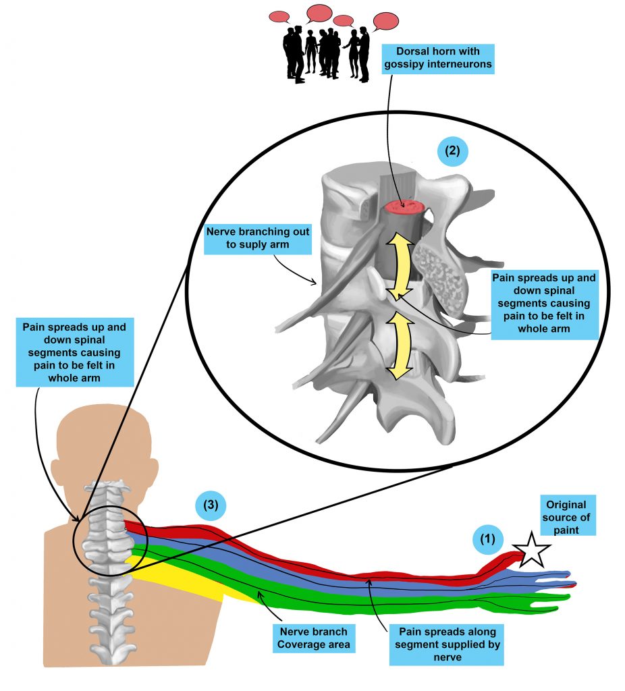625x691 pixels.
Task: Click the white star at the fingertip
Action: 532,551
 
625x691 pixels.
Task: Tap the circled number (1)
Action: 487,539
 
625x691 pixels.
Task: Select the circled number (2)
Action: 452,150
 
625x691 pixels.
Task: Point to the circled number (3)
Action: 211,505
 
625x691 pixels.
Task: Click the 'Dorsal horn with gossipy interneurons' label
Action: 437,58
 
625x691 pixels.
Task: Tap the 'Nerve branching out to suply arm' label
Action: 258,238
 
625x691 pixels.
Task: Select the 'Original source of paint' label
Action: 566,518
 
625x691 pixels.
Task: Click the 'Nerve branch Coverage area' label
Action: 314,638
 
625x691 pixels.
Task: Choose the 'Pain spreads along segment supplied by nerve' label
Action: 447,644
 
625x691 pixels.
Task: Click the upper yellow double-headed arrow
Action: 400,267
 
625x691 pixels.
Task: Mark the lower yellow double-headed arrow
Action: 400,346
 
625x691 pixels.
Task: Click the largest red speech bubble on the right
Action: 385,21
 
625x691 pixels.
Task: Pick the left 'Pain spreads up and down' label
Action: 74,352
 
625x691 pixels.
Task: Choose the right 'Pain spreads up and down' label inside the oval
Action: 544,304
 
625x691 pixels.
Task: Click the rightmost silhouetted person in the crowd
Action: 364,54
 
